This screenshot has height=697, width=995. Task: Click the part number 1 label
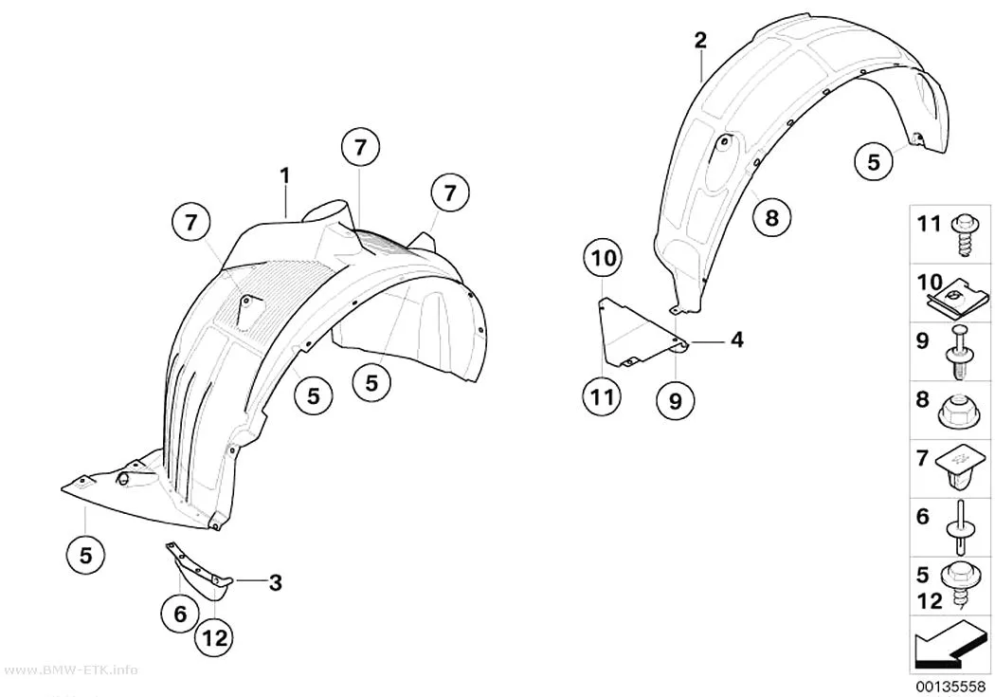tap(285, 175)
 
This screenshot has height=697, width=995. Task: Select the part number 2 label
tap(700, 41)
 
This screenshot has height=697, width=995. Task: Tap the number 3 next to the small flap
tap(275, 583)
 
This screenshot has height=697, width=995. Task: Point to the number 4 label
tap(736, 339)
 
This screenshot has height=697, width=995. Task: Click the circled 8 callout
tap(771, 218)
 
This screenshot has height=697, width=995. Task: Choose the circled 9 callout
tap(675, 400)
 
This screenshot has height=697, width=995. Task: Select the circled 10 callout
tap(604, 258)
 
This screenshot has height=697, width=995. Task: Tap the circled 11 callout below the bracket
tap(602, 396)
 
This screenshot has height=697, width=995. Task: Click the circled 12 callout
tap(214, 637)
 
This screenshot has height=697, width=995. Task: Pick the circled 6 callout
tap(180, 614)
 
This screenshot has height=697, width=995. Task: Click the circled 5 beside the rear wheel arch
tap(874, 161)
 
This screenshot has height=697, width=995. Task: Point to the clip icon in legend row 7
tap(962, 468)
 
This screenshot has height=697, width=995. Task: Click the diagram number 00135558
tap(950, 687)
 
